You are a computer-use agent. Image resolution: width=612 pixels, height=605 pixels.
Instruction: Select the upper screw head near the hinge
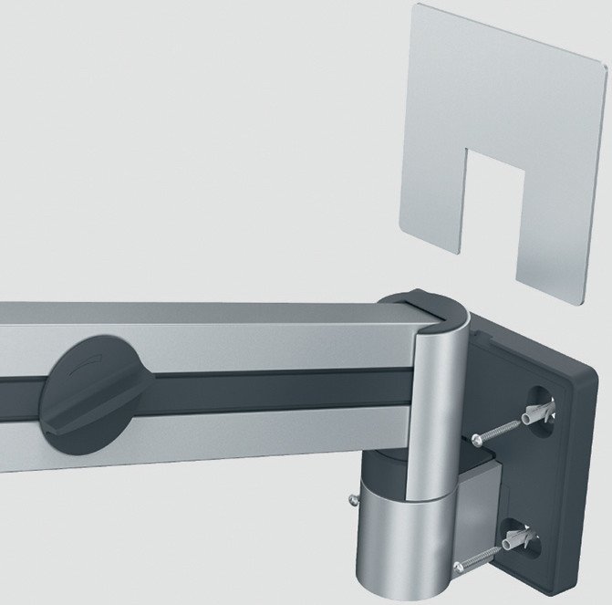click(479, 440)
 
